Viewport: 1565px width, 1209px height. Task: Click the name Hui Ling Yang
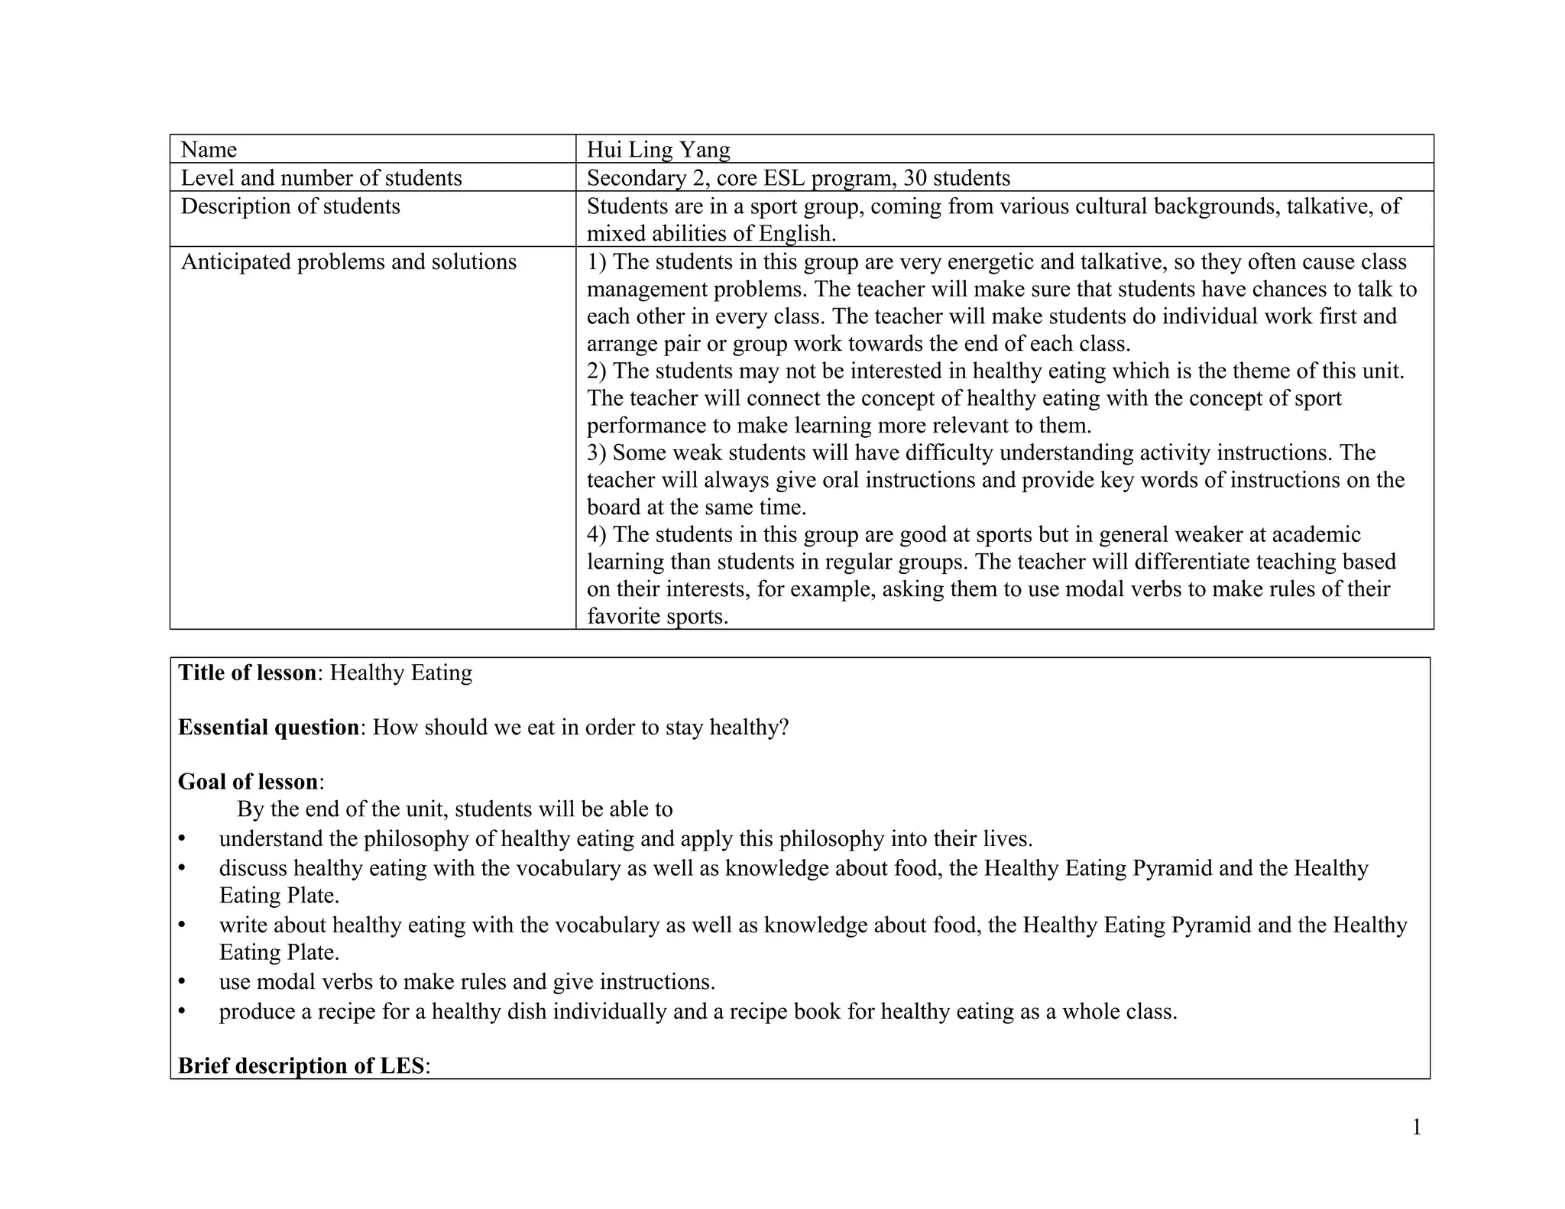pos(658,149)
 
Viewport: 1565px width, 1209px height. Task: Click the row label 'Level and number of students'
pos(321,178)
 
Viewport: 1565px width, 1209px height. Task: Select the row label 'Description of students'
pos(290,206)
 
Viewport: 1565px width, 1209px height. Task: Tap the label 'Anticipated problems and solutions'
pos(348,262)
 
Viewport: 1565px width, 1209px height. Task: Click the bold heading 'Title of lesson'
pos(247,673)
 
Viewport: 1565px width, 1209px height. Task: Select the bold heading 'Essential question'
pos(268,727)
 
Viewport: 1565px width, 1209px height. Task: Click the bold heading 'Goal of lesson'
pos(248,782)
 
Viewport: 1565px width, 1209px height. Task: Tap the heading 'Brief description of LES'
pos(301,1065)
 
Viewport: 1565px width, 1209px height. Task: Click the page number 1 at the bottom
pos(1416,1127)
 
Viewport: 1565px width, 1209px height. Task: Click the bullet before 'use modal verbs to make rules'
pos(182,981)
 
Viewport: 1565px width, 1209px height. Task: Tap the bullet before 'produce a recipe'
pos(182,1011)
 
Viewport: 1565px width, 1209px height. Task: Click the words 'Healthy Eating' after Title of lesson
pos(400,673)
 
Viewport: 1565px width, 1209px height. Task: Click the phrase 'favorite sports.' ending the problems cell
pos(657,616)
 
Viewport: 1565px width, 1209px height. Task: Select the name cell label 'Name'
pos(209,149)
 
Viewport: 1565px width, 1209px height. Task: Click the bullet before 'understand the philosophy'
pos(182,839)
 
